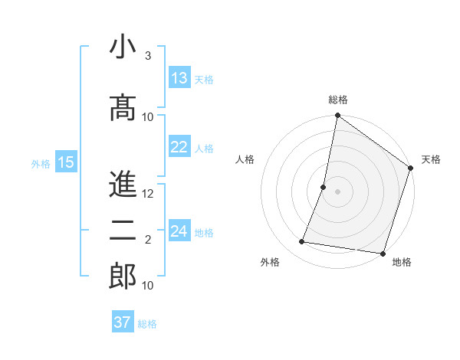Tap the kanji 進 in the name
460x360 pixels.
click(123, 184)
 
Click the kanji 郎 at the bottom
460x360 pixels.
click(123, 277)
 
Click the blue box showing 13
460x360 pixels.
click(179, 78)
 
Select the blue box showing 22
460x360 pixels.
click(179, 147)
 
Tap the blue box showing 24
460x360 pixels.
click(179, 231)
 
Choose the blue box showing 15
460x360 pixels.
click(66, 162)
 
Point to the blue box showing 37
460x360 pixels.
click(123, 322)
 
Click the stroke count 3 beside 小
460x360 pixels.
click(148, 56)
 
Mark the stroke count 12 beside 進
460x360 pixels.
click(148, 194)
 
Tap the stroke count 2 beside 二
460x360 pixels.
click(148, 240)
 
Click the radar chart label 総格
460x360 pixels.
click(337, 100)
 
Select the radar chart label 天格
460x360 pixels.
click(431, 159)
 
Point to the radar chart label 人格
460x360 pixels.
click(245, 159)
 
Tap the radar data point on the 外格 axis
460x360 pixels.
click(302, 242)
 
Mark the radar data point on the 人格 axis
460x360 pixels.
click(324, 187)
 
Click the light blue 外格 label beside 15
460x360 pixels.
click(40, 163)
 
